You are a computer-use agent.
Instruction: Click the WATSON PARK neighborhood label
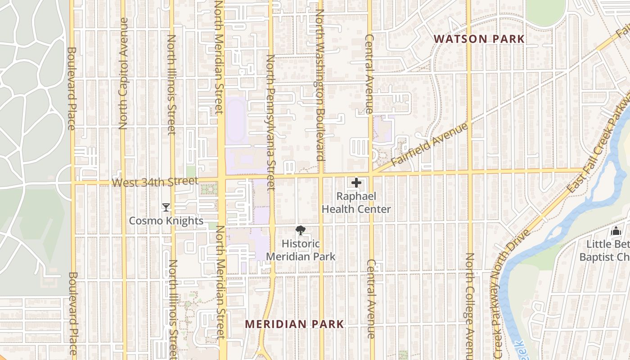pos(479,39)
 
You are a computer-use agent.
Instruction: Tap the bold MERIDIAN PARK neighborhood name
pos(295,324)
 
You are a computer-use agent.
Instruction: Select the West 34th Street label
pos(155,182)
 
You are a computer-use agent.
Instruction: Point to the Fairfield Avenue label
pos(429,145)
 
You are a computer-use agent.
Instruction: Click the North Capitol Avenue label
pos(124,74)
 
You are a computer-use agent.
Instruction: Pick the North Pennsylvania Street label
pos(270,121)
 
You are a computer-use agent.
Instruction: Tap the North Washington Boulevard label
pos(320,85)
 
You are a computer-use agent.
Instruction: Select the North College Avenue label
pos(469,306)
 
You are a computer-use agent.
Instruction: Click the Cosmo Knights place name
pos(166,221)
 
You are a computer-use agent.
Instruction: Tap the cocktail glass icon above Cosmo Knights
pos(166,207)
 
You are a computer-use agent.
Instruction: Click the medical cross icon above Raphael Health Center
pos(356,183)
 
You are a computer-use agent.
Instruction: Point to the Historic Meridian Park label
pos(301,250)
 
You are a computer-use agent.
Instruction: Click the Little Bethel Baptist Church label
pos(604,251)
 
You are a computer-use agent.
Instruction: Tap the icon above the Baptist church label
pos(616,231)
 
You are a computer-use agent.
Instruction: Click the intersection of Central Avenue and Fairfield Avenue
pos(371,173)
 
